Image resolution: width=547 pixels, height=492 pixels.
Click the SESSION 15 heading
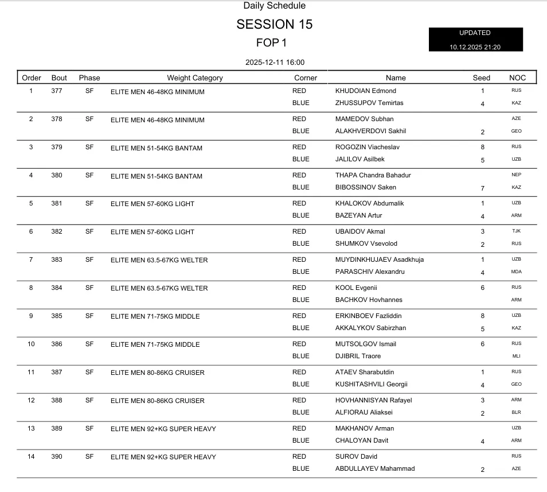tap(274, 25)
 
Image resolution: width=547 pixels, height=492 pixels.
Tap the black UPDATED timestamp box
tap(475, 40)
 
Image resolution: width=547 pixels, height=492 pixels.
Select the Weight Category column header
tap(195, 78)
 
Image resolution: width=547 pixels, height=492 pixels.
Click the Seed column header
tap(482, 78)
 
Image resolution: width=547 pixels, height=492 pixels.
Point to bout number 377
tap(57, 91)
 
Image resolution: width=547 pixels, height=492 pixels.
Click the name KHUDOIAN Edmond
tap(365, 91)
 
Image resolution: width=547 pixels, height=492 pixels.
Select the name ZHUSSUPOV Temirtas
tap(369, 103)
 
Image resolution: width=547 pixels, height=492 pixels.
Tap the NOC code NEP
tap(516, 175)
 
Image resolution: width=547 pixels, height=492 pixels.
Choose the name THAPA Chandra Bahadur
tap(373, 175)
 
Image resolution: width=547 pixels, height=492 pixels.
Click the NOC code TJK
tap(516, 231)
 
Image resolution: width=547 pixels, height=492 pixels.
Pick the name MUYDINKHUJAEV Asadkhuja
tap(380, 259)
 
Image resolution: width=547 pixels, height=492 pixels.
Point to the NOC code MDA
tap(516, 272)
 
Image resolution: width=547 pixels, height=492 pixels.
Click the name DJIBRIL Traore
tap(358, 356)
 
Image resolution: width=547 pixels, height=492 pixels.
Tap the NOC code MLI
tap(516, 356)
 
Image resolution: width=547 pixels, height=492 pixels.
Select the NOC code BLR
tap(516, 412)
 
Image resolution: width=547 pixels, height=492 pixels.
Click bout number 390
tap(57, 456)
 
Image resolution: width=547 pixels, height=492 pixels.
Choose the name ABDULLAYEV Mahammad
tap(375, 468)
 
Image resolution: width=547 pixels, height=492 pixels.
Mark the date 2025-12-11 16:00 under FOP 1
tap(274, 62)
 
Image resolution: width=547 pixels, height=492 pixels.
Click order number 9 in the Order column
tap(31, 316)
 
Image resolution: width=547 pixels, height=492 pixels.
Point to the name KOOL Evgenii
tap(356, 288)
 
